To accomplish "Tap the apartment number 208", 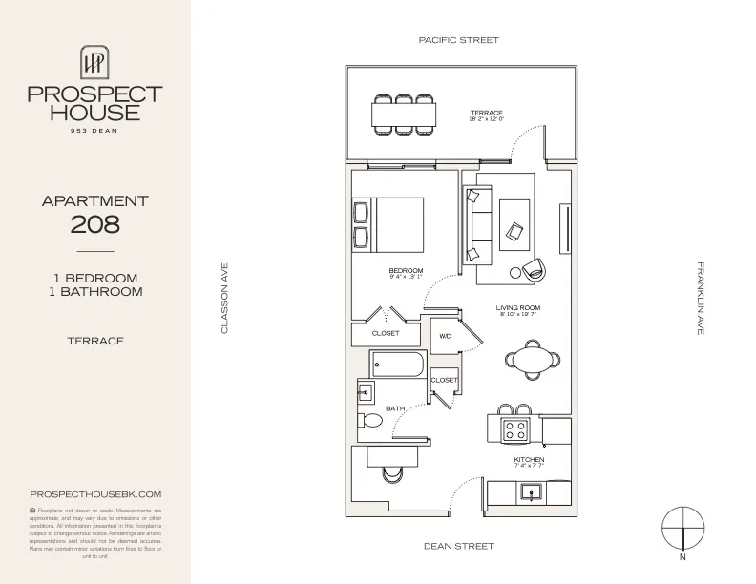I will click(x=95, y=224).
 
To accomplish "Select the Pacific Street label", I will click(x=459, y=40).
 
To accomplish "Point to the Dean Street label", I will click(x=459, y=547).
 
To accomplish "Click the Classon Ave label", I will click(x=225, y=299).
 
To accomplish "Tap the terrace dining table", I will click(x=404, y=115).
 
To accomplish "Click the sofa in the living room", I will click(x=476, y=225).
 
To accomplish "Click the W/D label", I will click(x=445, y=337).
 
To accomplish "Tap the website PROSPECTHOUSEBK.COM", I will click(x=95, y=493).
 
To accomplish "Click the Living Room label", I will click(x=518, y=307).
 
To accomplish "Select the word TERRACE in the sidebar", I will click(x=95, y=341).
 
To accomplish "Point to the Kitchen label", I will click(x=529, y=460).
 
